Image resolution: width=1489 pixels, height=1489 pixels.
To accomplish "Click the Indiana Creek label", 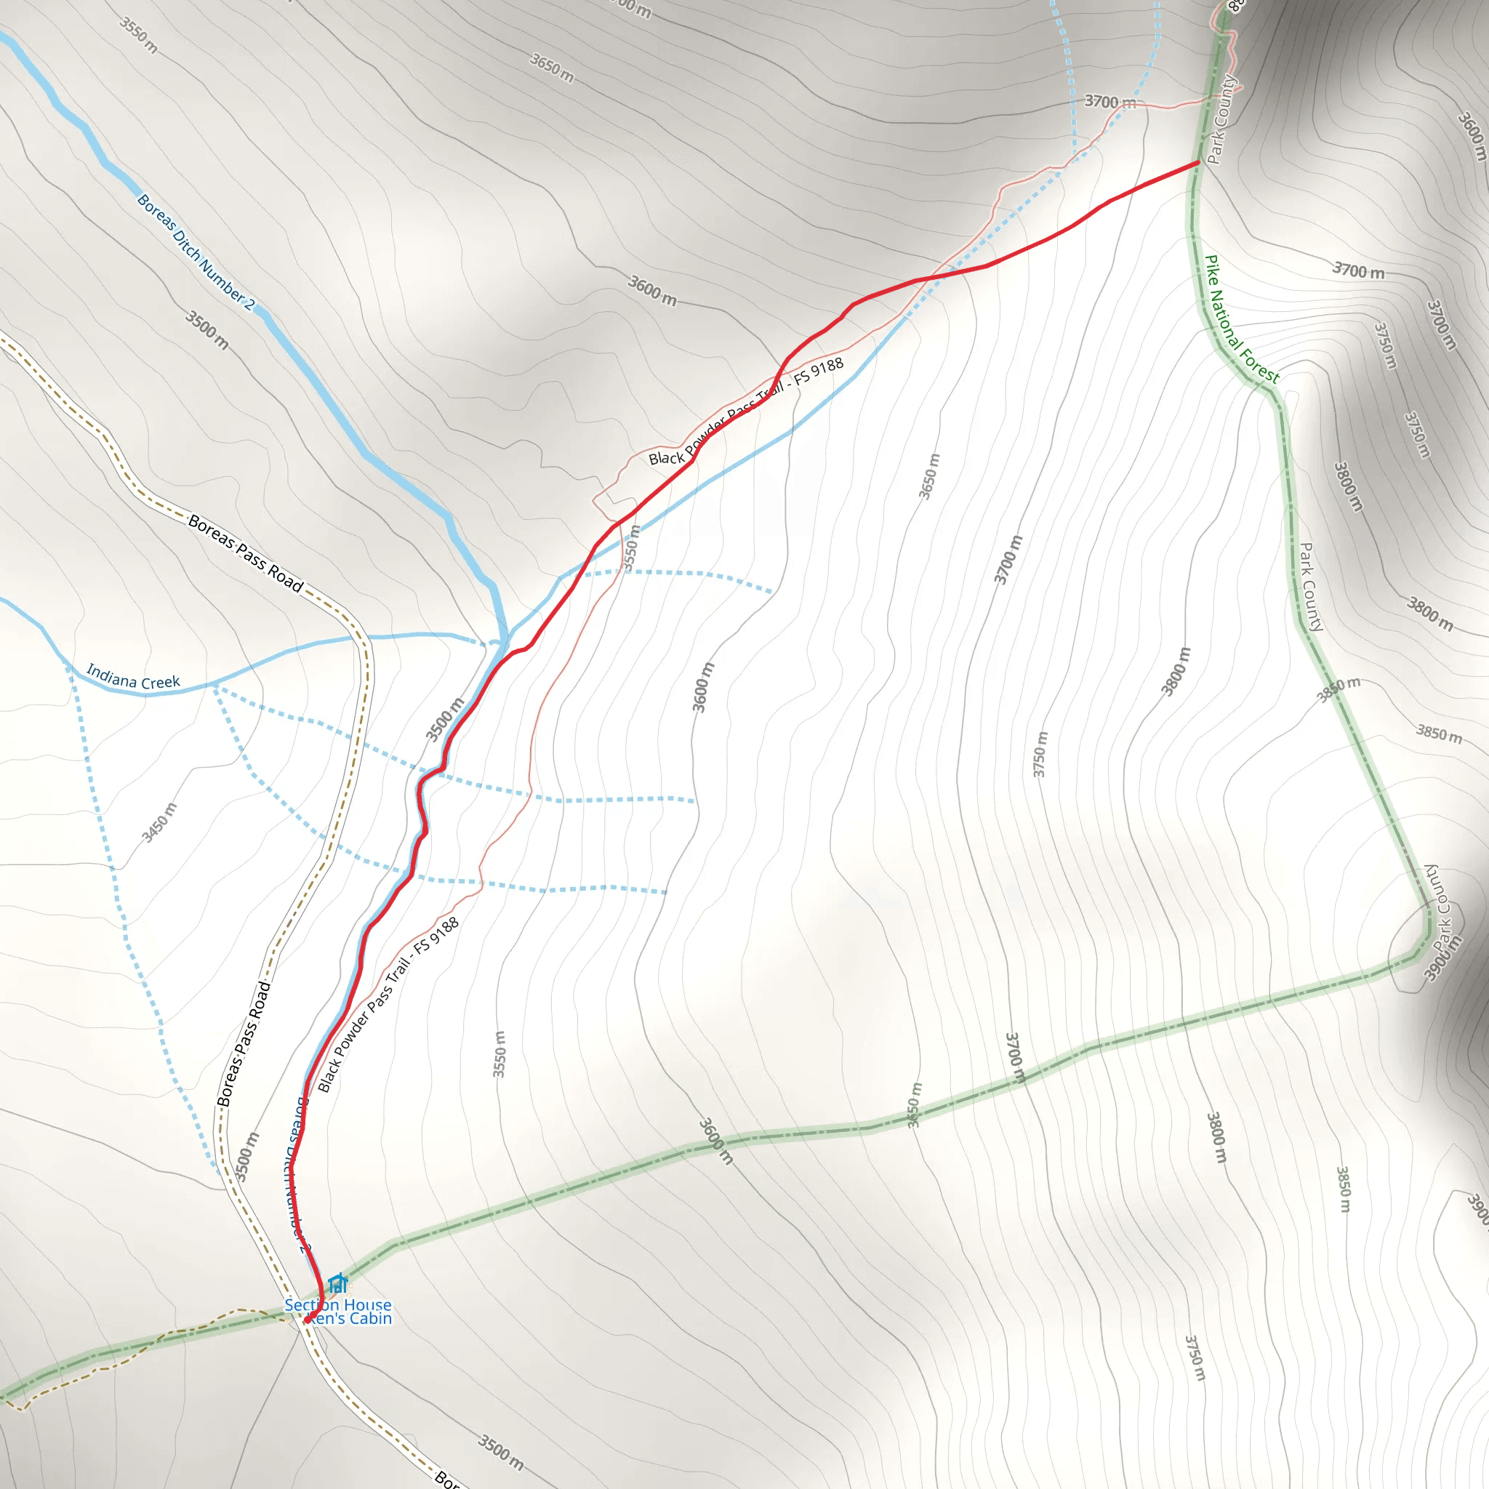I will pos(133,677).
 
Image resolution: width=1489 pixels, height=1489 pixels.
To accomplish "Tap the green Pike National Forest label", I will pos(1242,320).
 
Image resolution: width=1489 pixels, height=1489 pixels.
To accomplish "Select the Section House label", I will pos(337,1306).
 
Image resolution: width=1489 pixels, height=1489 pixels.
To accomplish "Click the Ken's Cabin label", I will pos(351,1320).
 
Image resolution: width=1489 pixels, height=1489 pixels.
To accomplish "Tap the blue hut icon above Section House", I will pos(337,1284).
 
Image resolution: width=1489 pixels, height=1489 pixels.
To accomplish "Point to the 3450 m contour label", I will pos(159,822).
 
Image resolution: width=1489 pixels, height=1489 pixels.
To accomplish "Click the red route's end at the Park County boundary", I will pos(1197,163).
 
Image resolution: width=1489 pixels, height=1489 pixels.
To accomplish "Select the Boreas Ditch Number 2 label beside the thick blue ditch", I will pos(195,252).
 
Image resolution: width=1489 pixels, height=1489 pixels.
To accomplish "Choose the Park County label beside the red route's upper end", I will pos(1221,119).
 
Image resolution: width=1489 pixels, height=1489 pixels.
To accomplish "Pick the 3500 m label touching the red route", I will pos(446,719).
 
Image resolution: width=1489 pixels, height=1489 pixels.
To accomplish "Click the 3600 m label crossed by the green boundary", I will pos(716,1141).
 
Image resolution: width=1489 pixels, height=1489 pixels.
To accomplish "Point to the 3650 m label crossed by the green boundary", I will pos(914,1105).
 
